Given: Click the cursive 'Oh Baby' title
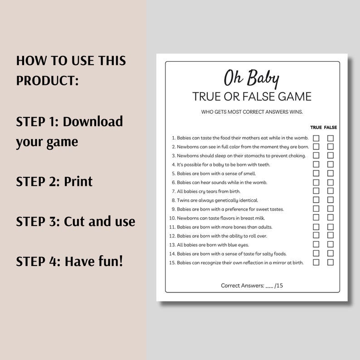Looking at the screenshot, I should point(251,78).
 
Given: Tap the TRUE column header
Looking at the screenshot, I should point(316,127).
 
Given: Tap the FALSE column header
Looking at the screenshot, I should point(331,127).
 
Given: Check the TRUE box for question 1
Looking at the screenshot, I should point(316,138).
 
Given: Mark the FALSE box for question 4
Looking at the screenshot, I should point(331,164).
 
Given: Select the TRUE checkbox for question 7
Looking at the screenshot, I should point(316,191).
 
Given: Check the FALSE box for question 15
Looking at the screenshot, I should point(331,262).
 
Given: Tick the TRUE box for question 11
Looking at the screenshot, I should point(316,227).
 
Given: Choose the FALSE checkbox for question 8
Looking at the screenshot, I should point(331,200).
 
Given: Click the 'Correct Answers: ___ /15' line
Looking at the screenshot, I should point(252,286).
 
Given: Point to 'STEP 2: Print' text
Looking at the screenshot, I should point(54,181).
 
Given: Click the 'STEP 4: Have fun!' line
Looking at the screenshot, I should point(69,262).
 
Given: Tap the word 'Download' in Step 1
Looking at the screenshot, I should point(93,122).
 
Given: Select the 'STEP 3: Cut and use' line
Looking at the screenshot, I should point(76,222).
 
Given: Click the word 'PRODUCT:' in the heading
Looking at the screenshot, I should point(48,81).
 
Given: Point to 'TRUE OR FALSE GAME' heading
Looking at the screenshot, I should point(252,97).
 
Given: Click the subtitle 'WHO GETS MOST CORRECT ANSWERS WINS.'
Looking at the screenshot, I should point(252,112).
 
